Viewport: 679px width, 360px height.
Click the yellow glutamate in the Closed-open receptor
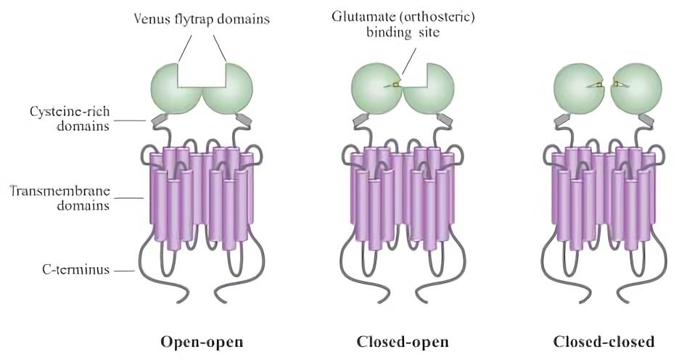[x=396, y=85]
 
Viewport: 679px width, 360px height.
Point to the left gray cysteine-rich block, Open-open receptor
[x=158, y=118]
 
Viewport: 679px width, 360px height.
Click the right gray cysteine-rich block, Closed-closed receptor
[x=649, y=118]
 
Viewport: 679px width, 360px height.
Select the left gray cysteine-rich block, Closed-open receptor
[x=360, y=118]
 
